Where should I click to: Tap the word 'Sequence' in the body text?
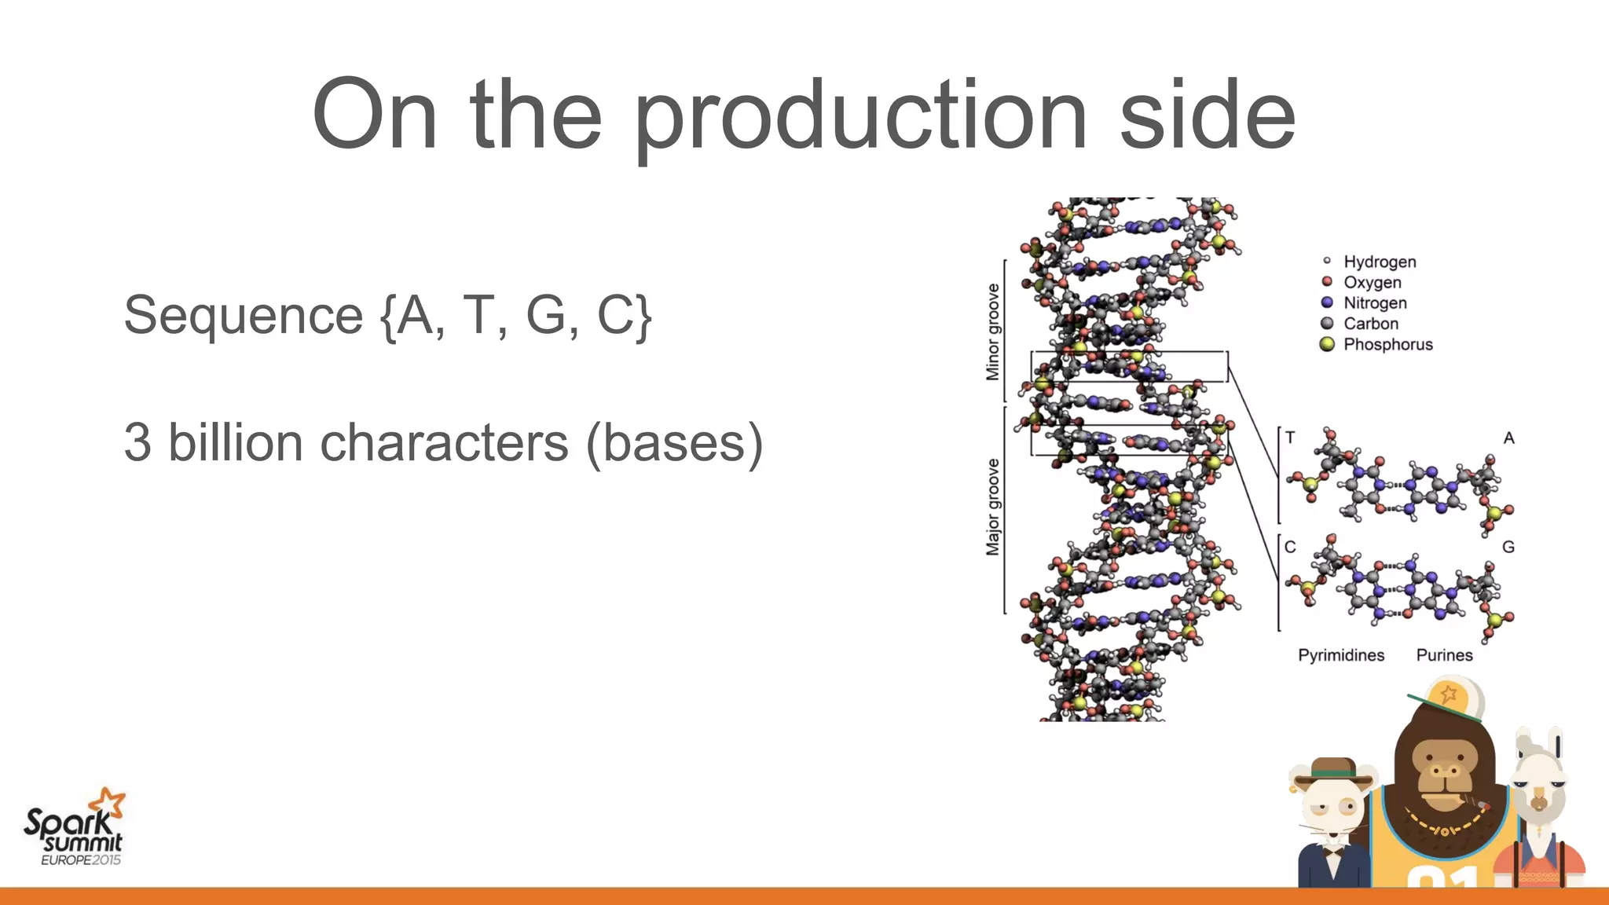[244, 316]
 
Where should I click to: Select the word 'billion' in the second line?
[236, 442]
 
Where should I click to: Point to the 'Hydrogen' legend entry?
[1379, 262]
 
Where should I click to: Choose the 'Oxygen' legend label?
[1372, 282]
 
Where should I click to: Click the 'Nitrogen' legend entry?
[1374, 302]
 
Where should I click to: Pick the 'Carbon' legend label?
[1370, 324]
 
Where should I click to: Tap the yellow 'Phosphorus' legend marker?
[1327, 344]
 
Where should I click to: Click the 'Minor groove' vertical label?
[993, 332]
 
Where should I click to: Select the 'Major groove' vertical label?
[993, 507]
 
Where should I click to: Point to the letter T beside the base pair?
[1290, 438]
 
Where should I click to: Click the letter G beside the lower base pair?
[1508, 547]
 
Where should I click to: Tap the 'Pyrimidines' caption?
[1340, 655]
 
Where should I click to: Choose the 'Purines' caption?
[1444, 655]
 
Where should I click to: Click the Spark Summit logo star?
[108, 804]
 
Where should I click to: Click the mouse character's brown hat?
[1333, 771]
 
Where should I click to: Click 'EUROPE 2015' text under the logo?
[81, 860]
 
